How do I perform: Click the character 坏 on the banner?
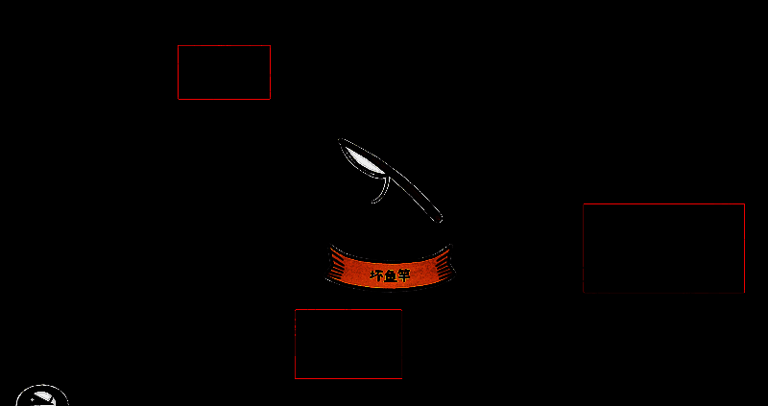(376, 275)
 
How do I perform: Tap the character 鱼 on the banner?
(390, 275)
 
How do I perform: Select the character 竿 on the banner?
(403, 275)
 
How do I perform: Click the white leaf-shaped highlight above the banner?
(364, 161)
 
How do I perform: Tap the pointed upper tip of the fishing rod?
(341, 141)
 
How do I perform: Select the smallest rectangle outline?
(224, 72)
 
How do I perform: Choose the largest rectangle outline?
(663, 248)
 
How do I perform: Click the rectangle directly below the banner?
(348, 344)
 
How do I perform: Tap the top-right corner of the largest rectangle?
(744, 204)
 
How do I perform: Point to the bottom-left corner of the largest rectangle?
(584, 292)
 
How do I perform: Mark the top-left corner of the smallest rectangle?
(179, 46)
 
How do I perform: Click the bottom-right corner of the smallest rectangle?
(270, 98)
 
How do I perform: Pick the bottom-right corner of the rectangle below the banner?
(401, 378)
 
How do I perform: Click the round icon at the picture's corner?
(42, 396)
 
